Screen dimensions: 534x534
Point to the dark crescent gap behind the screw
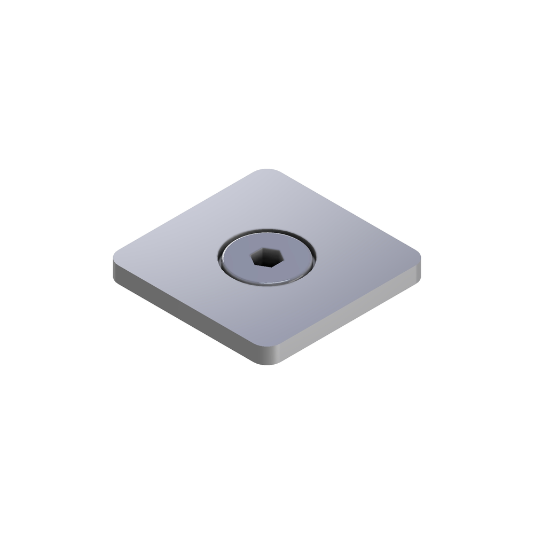[267, 233]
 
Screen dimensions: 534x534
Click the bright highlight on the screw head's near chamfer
[267, 284]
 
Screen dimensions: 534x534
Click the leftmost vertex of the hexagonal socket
[252, 257]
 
